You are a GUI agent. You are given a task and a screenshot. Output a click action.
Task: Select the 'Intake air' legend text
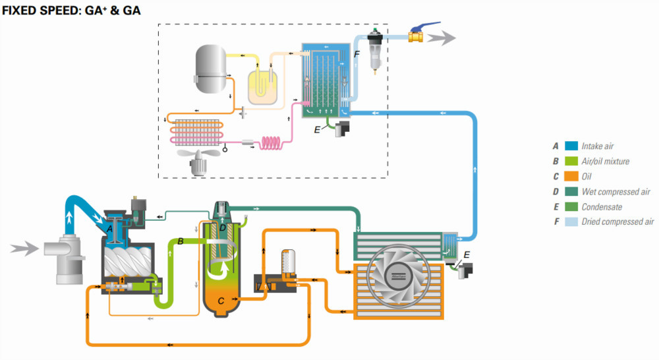601,146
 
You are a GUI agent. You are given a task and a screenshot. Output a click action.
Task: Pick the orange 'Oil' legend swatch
569,176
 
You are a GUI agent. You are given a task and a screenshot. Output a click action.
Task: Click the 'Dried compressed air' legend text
617,222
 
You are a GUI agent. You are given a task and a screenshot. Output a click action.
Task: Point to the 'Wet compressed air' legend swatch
569,191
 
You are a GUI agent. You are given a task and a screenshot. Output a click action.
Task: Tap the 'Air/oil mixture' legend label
606,161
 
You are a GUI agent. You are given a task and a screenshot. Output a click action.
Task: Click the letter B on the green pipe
179,242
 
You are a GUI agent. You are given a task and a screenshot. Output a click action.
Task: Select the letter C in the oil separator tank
221,301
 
